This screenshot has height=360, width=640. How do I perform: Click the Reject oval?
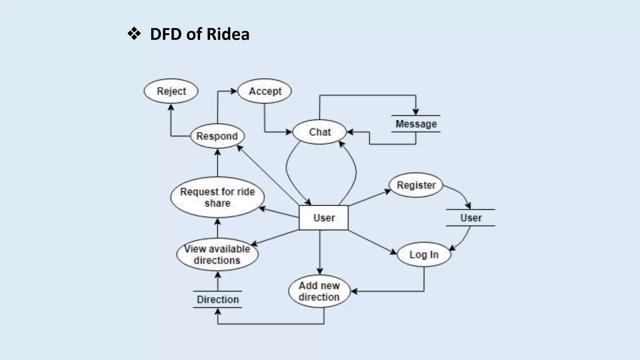(x=171, y=91)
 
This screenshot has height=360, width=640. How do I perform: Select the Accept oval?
(x=265, y=91)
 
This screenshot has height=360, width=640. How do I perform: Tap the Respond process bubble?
(x=217, y=136)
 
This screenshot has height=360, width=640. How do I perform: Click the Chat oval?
(x=319, y=132)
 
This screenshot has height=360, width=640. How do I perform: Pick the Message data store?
(x=416, y=124)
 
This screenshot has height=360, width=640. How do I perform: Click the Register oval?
(x=416, y=185)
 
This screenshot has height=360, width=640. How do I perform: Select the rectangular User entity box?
(x=324, y=217)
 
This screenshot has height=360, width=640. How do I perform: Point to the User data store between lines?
(x=471, y=217)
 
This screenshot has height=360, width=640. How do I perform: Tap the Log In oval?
(x=424, y=254)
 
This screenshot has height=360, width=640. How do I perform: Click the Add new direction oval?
(x=319, y=291)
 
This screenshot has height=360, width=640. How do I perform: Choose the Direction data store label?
(x=217, y=299)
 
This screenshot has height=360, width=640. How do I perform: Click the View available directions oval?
(x=217, y=254)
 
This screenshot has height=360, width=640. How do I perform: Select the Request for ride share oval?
(x=217, y=197)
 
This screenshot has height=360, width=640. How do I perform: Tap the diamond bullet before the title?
(x=134, y=34)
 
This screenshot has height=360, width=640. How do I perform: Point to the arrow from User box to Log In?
(x=372, y=242)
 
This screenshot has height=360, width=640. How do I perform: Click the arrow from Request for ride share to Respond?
(x=217, y=163)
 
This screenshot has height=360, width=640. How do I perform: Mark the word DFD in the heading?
(x=166, y=34)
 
